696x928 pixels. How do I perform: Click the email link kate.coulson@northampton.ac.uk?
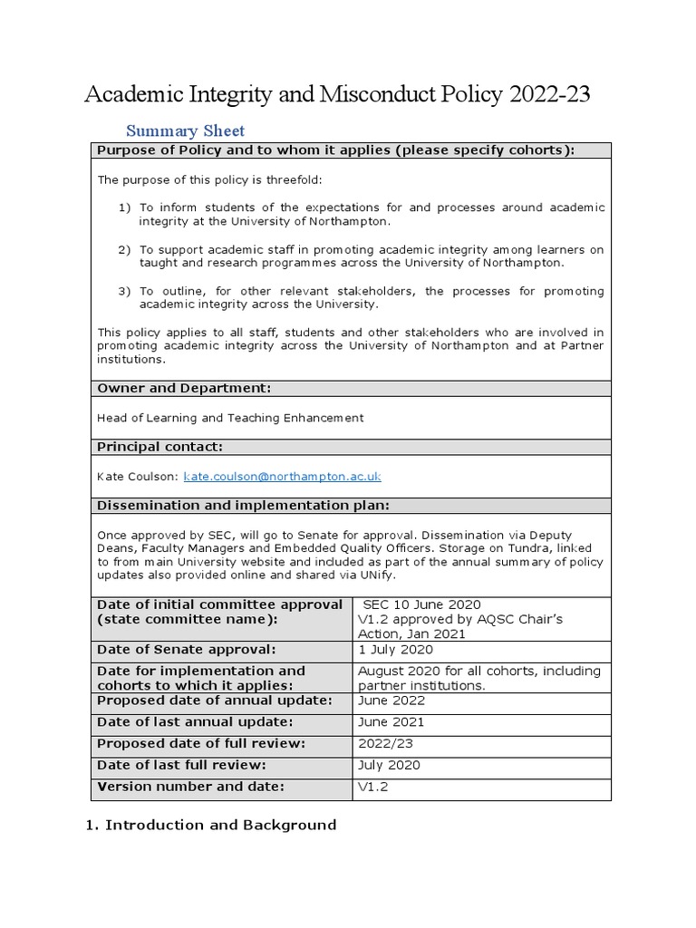282,476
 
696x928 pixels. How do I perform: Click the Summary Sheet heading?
185,130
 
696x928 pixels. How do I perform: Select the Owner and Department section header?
184,389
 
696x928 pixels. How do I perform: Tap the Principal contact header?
159,447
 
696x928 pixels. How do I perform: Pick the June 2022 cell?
391,701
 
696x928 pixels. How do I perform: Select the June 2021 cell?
391,722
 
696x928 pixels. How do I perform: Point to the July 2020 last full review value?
390,765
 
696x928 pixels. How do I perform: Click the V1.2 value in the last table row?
373,787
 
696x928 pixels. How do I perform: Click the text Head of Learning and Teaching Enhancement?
230,418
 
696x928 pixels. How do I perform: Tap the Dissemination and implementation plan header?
244,505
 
